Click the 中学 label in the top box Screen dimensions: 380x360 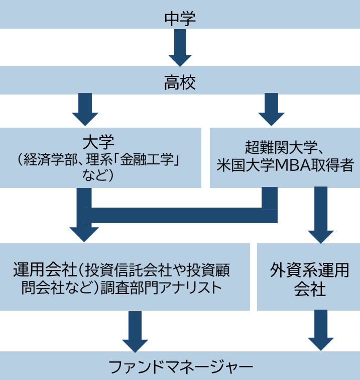coord(180,19)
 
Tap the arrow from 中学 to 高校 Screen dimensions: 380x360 coord(180,48)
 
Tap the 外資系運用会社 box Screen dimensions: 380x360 coord(309,277)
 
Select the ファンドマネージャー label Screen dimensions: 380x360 coord(180,366)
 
